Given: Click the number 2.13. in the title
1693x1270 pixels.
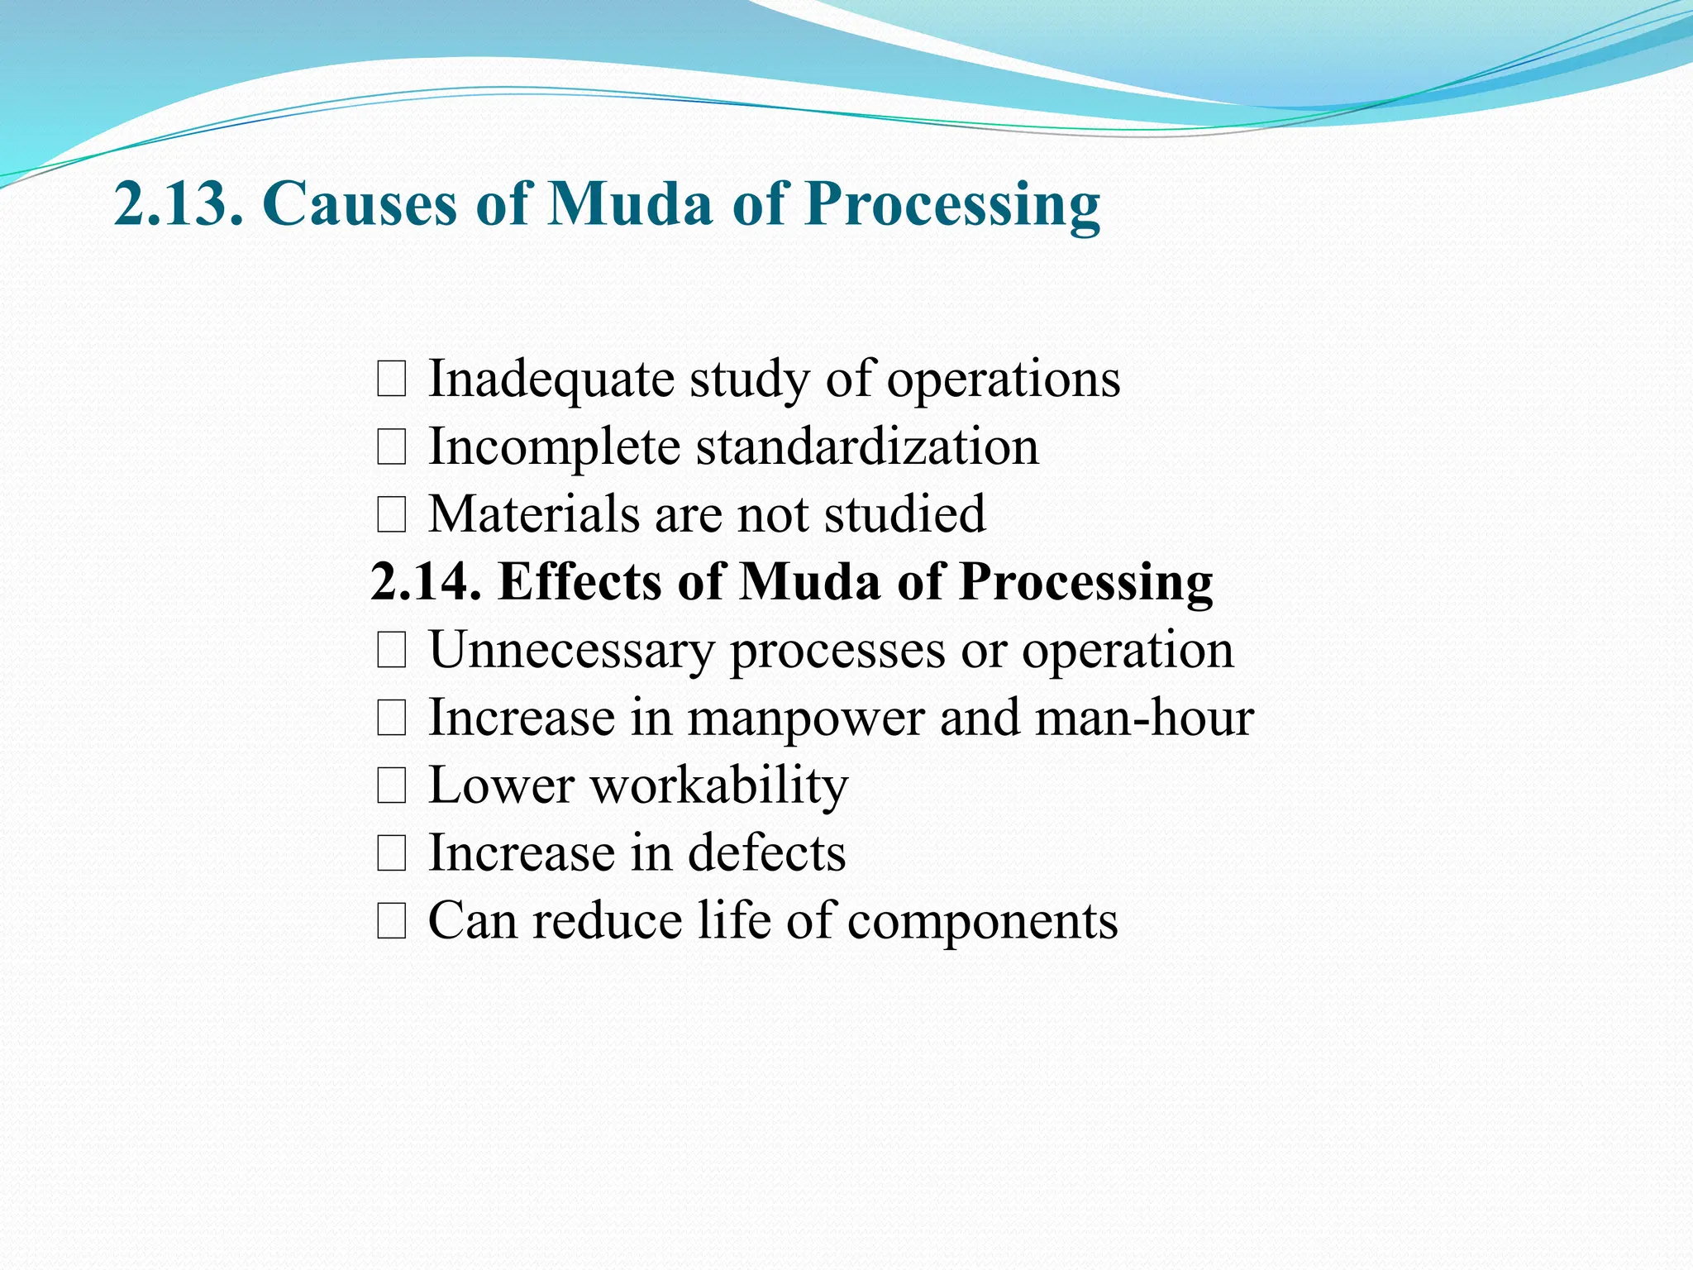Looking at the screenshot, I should tap(179, 203).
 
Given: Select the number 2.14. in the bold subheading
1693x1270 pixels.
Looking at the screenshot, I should tap(426, 581).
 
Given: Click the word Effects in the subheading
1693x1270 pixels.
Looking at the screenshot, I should tap(579, 581).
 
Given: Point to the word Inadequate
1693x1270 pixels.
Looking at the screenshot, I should tap(551, 380).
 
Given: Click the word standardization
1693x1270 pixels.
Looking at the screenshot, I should tap(866, 447).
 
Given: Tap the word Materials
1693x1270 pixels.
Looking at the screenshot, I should tap(533, 514).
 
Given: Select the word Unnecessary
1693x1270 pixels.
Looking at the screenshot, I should tap(570, 651).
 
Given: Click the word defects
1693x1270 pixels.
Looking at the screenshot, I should tap(766, 853).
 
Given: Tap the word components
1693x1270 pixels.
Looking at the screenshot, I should tap(982, 922).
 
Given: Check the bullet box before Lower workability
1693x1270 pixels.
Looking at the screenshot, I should tap(391, 786).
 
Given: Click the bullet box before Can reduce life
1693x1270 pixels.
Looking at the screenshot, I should tap(391, 922).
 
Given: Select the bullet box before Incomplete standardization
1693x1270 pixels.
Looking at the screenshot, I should tap(391, 448).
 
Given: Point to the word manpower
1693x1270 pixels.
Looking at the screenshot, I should tap(805, 718).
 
